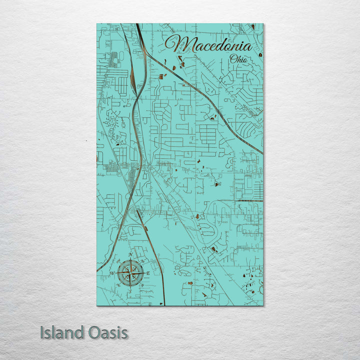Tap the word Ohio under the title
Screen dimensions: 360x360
click(238, 59)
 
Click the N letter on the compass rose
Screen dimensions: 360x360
click(130, 255)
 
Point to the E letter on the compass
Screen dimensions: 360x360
click(148, 273)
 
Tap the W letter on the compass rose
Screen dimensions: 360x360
click(112, 273)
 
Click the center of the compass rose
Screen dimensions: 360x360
click(130, 273)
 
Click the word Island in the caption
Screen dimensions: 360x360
click(60, 332)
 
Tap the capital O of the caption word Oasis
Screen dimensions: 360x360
click(89, 332)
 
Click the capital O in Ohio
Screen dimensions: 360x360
click(232, 59)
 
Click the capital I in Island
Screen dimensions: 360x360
click(42, 332)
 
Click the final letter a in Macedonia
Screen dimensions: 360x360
click(247, 47)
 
